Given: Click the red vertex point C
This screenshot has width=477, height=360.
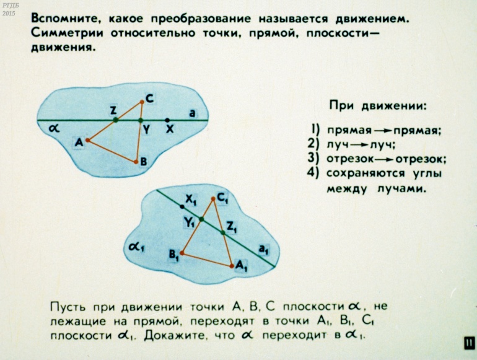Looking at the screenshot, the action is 142,102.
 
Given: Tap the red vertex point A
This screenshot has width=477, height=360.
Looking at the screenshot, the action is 87,140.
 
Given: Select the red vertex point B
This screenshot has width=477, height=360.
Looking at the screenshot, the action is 136,162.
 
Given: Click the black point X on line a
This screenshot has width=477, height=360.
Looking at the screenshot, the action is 167,120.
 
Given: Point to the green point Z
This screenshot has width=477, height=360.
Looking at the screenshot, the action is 116,120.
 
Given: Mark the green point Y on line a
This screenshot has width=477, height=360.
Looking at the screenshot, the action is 140,120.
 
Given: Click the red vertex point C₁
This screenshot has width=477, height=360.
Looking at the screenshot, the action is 213,199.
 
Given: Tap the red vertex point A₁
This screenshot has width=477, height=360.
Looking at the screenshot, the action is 232,266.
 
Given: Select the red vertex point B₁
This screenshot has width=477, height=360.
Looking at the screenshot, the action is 182,253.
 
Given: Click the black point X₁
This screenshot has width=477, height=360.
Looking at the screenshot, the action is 182,207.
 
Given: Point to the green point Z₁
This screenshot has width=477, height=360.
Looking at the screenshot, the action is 223,232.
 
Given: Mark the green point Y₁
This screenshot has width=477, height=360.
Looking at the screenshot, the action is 201,219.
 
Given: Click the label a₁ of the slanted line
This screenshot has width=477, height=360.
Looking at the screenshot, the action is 263,250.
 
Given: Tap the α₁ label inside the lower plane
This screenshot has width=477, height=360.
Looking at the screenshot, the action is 136,247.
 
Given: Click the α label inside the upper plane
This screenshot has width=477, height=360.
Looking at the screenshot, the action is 54,129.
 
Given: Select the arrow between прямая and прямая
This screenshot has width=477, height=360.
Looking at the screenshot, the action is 382,131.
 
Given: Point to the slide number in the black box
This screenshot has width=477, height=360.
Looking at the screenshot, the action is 469,344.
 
